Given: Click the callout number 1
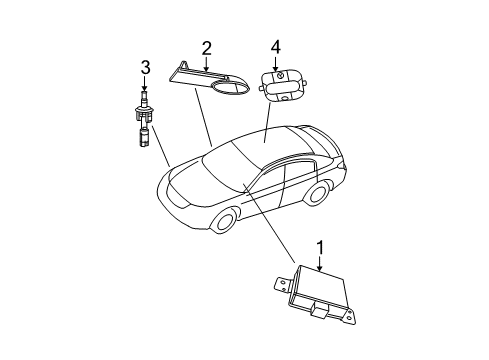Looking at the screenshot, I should point(320,247).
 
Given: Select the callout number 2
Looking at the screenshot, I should point(206,47).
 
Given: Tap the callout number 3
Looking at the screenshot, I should point(145,68).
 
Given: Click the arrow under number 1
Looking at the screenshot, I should point(320,264).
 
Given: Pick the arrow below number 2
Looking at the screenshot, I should point(206,64).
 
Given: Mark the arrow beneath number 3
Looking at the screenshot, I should point(145,86).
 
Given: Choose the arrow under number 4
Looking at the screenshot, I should point(277,62).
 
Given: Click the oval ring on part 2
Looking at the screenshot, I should point(232,89).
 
